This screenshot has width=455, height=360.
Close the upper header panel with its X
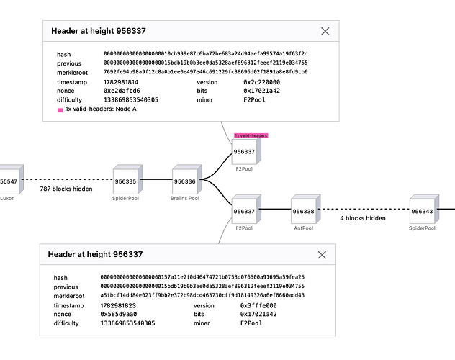click(325, 32)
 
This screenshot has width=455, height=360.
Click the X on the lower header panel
click(322, 255)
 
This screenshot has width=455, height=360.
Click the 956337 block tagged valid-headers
click(246, 150)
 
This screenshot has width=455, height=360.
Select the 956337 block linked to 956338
click(246, 209)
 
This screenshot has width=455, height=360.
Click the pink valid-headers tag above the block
click(251, 135)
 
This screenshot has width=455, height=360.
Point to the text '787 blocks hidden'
click(66, 189)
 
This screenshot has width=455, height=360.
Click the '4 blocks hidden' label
click(363, 218)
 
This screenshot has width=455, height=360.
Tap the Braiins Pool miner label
click(185, 199)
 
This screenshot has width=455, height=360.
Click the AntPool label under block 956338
click(304, 228)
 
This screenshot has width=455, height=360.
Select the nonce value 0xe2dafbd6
click(122, 91)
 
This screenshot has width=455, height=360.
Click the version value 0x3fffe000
click(258, 305)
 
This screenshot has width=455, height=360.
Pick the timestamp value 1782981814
click(121, 82)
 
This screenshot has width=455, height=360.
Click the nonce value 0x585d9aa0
click(118, 314)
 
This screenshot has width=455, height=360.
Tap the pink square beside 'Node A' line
click(60, 110)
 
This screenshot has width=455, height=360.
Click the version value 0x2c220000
click(262, 82)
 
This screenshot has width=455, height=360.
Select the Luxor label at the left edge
click(6, 199)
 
